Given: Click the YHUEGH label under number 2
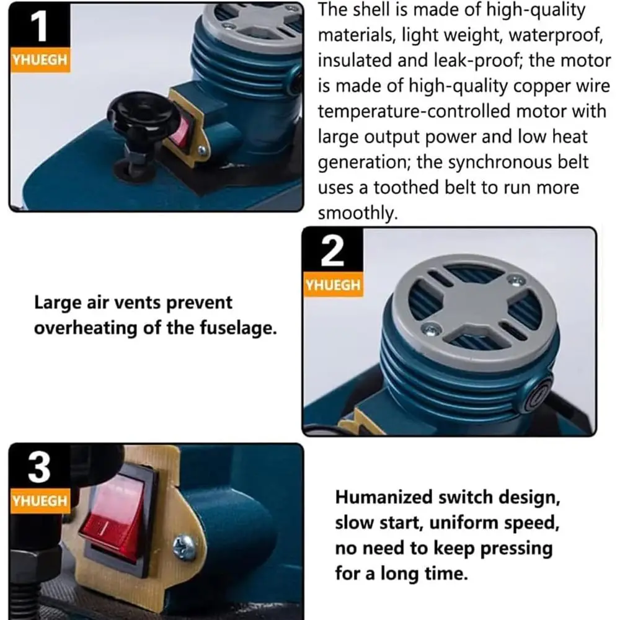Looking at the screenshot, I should point(332,285).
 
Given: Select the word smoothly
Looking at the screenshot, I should point(356,213).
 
